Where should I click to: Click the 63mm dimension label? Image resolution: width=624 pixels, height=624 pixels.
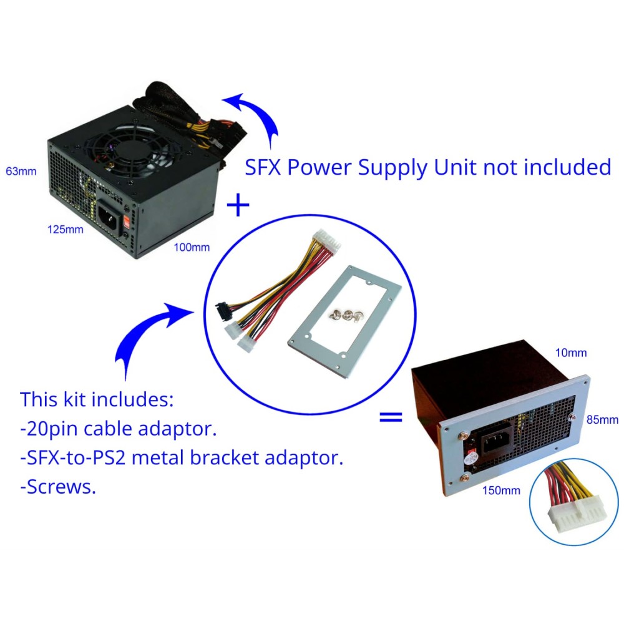[21, 172]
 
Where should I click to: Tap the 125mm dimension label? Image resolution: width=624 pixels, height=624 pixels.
[66, 230]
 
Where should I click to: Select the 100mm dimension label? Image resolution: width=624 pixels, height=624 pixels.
[192, 248]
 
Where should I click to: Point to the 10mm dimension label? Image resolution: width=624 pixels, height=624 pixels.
[571, 353]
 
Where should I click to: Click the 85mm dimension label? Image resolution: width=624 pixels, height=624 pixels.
[602, 420]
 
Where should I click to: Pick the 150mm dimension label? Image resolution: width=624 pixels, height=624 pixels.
[502, 490]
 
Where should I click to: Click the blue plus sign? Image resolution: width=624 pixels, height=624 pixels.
[238, 205]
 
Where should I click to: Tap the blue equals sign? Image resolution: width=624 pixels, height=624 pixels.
[391, 417]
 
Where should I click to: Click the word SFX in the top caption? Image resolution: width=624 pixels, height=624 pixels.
[263, 167]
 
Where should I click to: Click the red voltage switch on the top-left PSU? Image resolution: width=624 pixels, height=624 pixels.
[127, 222]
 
